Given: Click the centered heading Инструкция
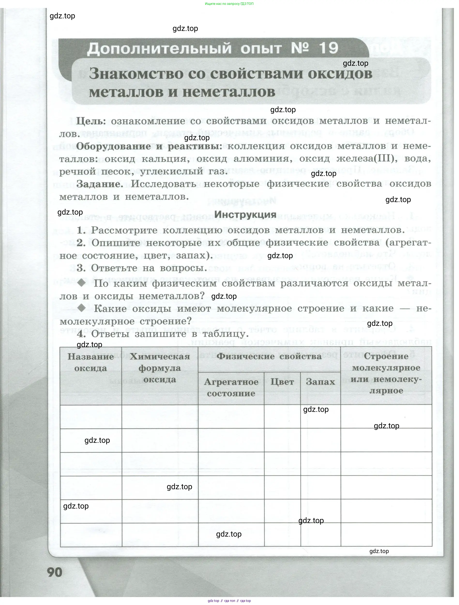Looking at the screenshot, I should pos(245,214).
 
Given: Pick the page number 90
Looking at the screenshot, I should pos(55,572).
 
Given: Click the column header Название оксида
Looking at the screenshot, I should pos(91,362).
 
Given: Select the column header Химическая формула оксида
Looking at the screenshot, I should pos(160,368).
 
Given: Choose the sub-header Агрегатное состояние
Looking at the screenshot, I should pos(231,387).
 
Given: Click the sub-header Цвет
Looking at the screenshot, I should pos(282,382).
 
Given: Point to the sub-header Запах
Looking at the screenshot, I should pos(320,382).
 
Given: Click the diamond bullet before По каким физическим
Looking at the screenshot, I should pos(82,283).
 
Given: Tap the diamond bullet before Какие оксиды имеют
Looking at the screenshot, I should pos(82,308).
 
